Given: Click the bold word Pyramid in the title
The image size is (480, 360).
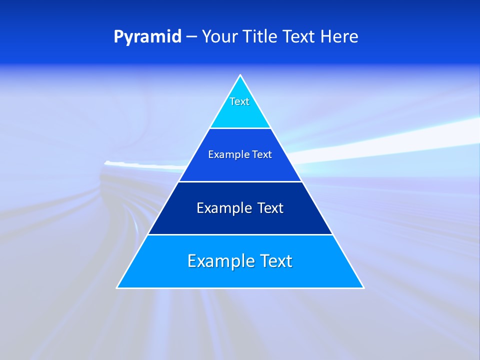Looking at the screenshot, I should click(x=147, y=37).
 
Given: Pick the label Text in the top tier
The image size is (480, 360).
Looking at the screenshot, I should click(x=239, y=101).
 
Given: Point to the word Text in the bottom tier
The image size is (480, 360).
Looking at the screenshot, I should click(x=275, y=261).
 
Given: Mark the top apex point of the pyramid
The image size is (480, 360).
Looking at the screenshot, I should click(x=240, y=75).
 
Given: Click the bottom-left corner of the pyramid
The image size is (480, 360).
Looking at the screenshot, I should click(x=117, y=287).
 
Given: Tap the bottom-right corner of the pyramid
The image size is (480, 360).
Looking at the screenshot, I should click(x=363, y=287).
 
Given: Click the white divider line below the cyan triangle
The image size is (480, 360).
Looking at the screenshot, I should click(x=240, y=128).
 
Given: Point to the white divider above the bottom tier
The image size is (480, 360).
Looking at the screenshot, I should click(x=240, y=234).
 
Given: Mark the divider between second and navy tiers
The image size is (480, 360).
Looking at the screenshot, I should click(x=240, y=181).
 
